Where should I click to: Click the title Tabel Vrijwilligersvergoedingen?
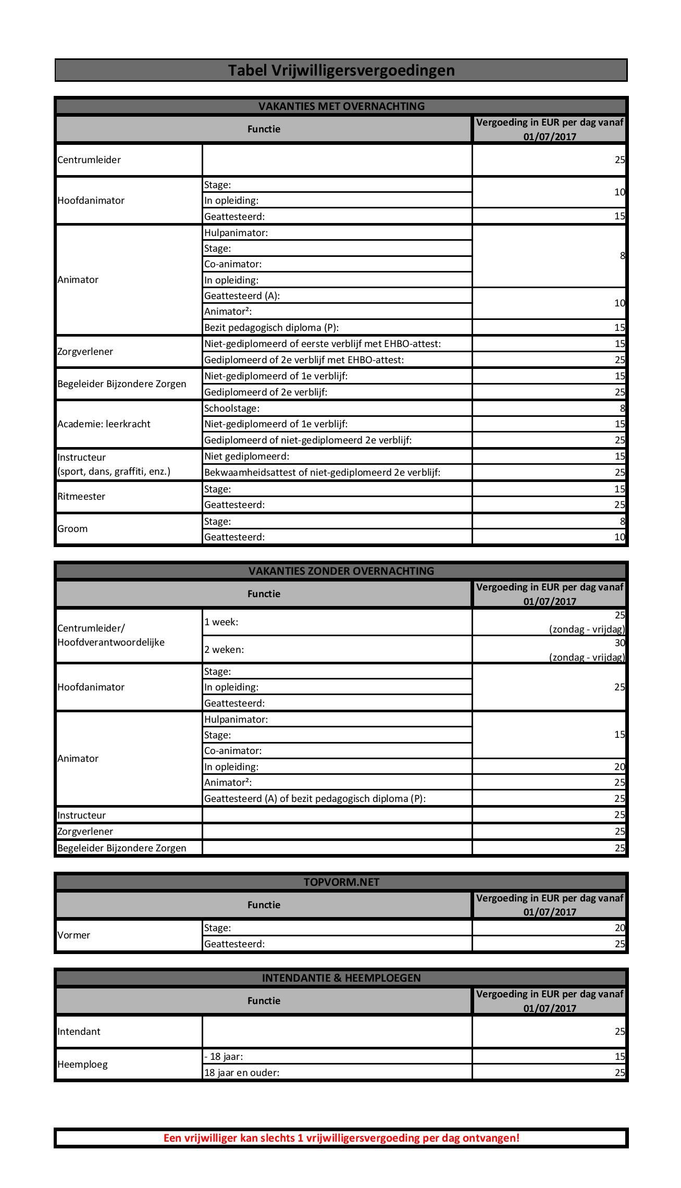(x=341, y=70)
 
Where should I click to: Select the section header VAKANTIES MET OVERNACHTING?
(x=341, y=106)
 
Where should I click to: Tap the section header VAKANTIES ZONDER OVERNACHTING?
(x=341, y=571)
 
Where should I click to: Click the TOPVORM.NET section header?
(x=341, y=882)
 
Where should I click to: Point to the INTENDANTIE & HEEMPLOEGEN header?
(x=341, y=977)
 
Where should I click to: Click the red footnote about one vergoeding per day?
(x=341, y=1137)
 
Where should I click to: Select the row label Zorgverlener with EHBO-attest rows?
(x=85, y=351)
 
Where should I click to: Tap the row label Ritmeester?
(x=81, y=496)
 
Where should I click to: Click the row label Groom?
(x=73, y=528)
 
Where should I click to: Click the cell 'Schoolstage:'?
(x=232, y=408)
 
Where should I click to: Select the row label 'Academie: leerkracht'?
(x=104, y=424)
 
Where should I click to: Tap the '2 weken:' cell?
(x=224, y=649)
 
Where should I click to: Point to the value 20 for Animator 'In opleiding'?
(x=619, y=766)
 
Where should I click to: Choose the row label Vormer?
(x=74, y=935)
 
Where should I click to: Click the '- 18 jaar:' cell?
(x=224, y=1056)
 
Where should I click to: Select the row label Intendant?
(x=79, y=1031)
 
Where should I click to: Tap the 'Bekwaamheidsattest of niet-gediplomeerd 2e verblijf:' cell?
(x=322, y=472)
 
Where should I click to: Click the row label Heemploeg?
(x=82, y=1064)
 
